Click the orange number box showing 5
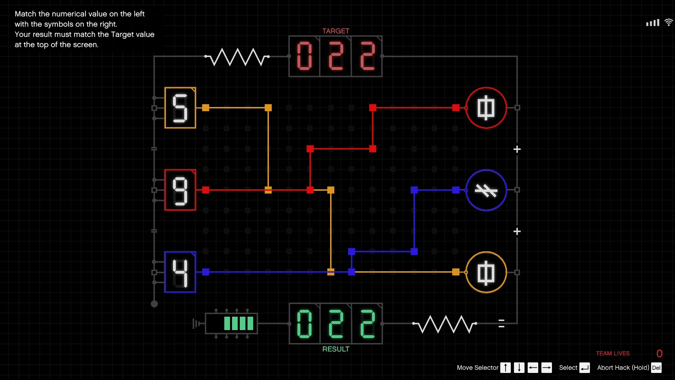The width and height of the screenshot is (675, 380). coord(180,108)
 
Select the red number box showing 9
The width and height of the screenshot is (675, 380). coord(180,190)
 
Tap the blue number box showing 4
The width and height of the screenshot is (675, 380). coord(180,272)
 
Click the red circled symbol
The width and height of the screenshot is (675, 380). coord(486,108)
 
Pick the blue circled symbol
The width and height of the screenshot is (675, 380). coord(486,190)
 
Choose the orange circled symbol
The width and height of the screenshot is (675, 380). coord(486,272)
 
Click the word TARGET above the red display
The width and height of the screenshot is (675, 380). coord(336,31)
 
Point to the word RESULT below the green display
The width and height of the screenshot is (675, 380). coord(336,349)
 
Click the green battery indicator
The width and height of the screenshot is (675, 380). coord(238,323)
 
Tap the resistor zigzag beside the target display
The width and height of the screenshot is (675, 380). coord(237,57)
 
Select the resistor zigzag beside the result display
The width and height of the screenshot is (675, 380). coord(445,324)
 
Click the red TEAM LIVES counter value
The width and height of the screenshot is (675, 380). coord(660,354)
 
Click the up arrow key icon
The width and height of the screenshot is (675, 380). coord(505,368)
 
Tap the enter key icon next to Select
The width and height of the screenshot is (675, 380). coord(585,368)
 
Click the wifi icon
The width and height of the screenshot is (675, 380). coord(668,23)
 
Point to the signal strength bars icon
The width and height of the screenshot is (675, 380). coord(652,23)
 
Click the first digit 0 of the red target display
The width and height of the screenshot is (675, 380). coord(304,56)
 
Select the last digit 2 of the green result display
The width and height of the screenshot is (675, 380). coord(367,324)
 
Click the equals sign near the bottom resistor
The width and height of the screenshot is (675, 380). coord(501,323)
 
